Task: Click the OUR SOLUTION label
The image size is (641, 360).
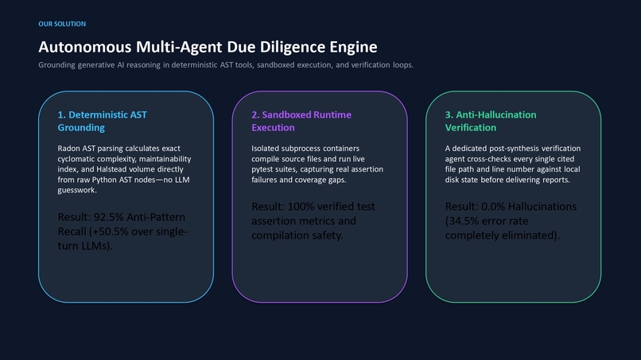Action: pos(62,24)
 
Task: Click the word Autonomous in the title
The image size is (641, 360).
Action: pos(85,47)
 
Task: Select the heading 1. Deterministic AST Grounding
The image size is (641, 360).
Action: pos(103,121)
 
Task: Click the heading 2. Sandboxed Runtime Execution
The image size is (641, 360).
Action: pos(301,121)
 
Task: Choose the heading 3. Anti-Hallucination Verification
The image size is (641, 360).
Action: pos(491,121)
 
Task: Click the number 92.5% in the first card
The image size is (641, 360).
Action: pos(109,217)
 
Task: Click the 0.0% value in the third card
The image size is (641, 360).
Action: pos(492,207)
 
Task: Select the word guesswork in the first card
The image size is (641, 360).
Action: pos(76,191)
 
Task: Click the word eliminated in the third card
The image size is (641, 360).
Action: pos(535,235)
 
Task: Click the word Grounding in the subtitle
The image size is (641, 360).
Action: pos(56,65)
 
